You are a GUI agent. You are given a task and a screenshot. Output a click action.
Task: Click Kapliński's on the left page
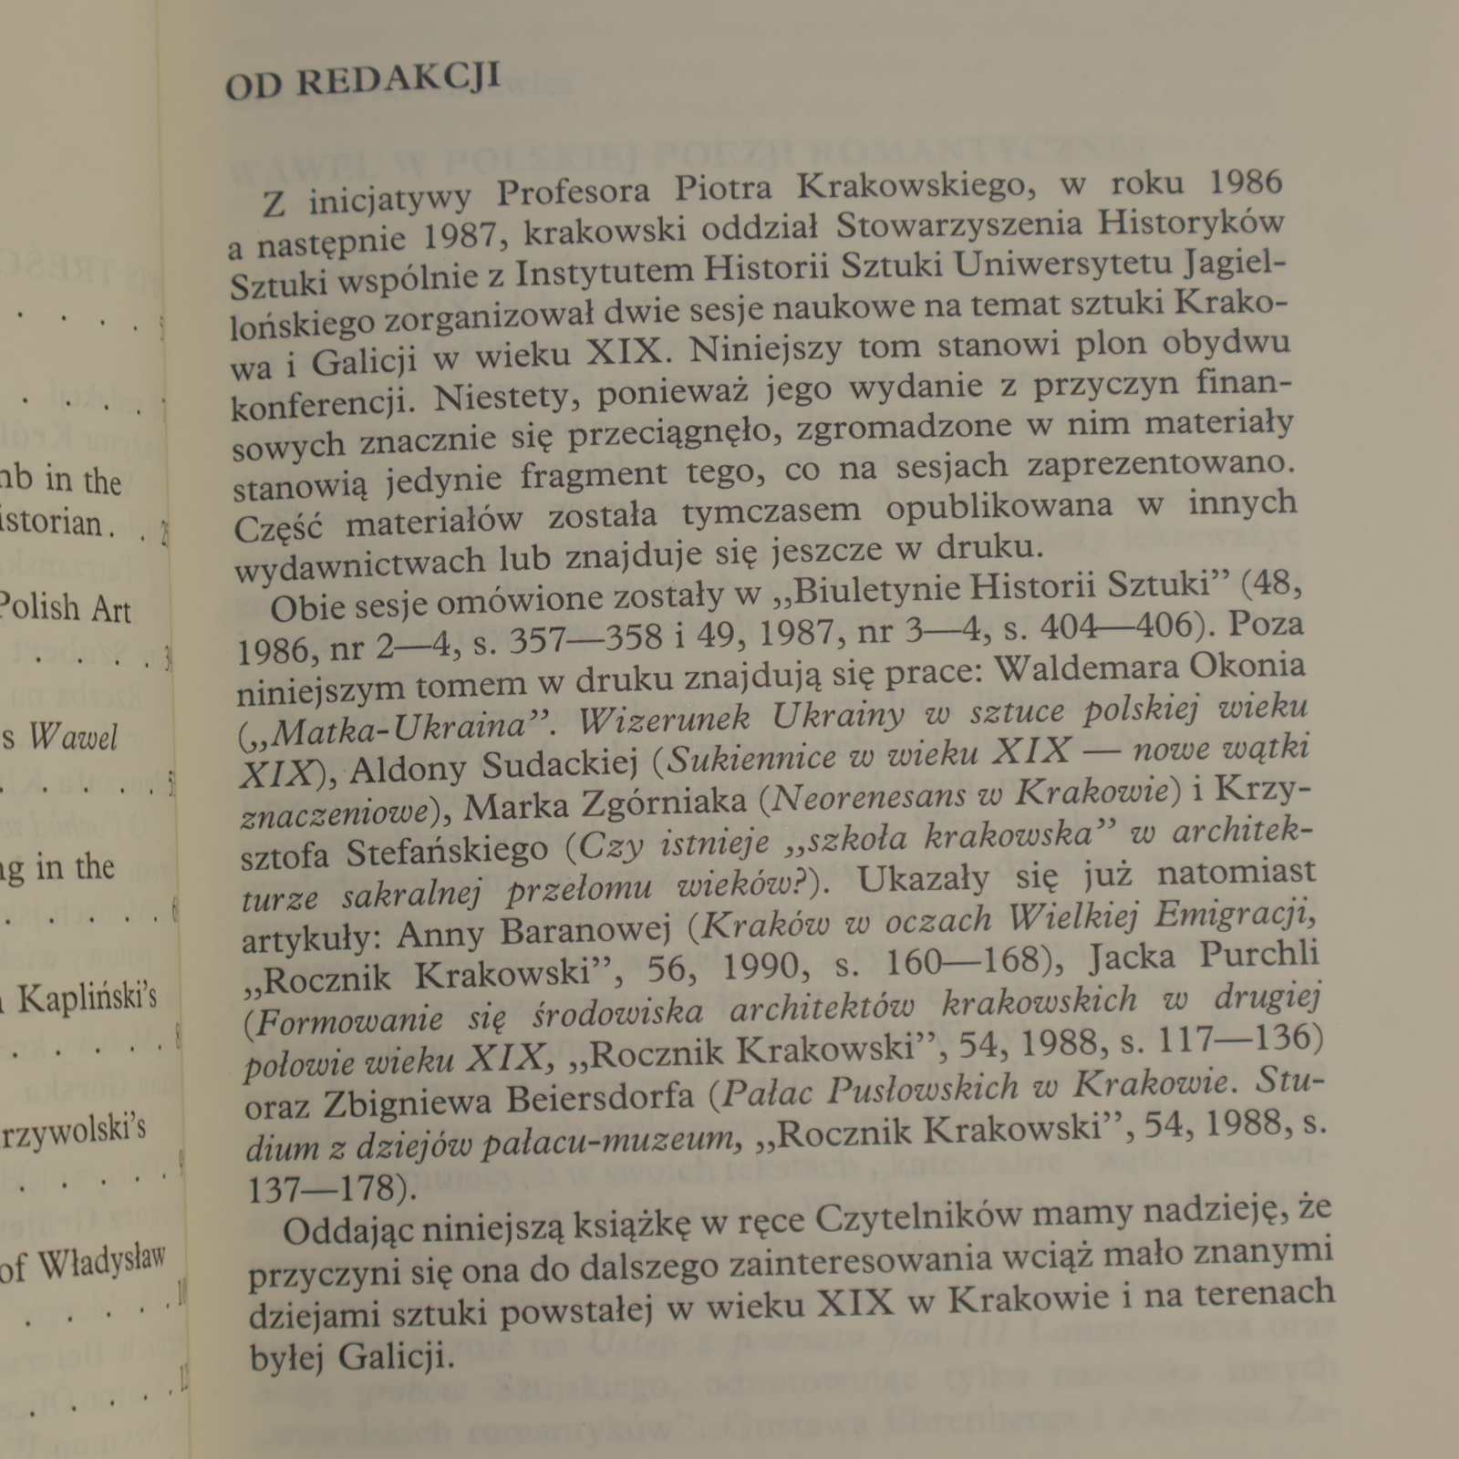point(87,998)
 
